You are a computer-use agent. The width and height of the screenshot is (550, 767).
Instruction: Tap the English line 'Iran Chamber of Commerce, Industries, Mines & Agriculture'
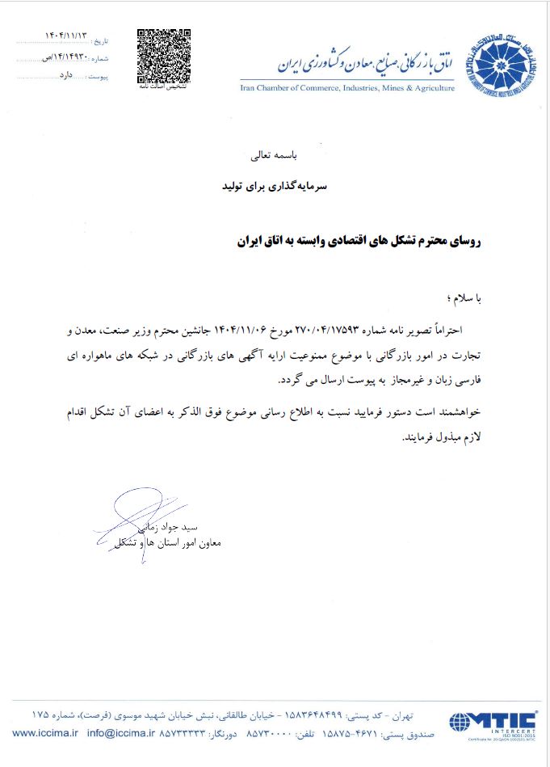pyautogui.click(x=347, y=88)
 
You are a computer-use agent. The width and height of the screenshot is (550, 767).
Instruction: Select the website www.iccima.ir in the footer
pyautogui.click(x=44, y=733)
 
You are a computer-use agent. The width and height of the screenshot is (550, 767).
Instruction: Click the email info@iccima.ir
pyautogui.click(x=120, y=733)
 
